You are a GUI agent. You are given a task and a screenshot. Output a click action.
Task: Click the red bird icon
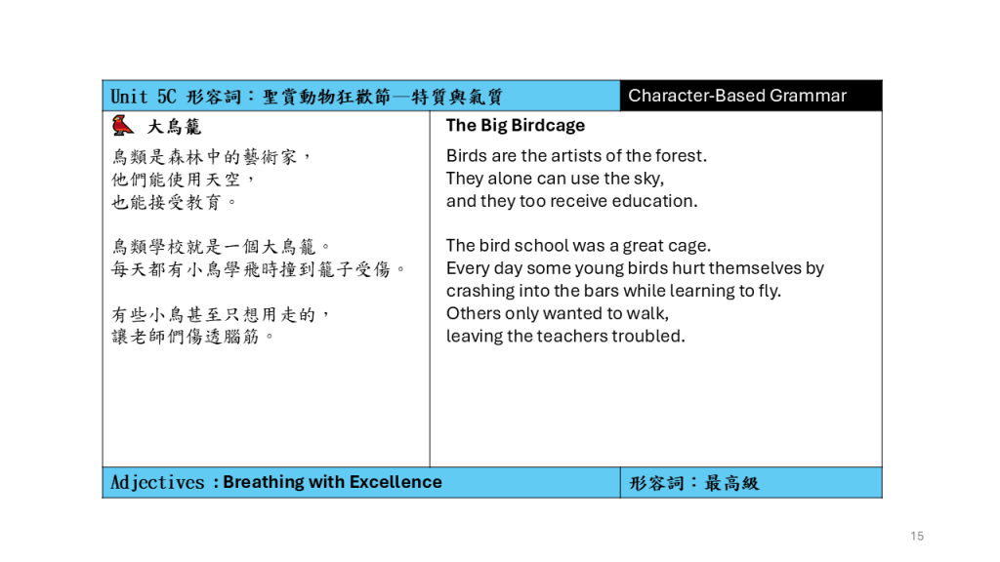122,126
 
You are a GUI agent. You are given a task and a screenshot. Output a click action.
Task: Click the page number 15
917,536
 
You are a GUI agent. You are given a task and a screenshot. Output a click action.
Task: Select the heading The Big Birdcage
516,126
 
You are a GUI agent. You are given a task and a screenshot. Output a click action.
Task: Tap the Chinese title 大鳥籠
174,127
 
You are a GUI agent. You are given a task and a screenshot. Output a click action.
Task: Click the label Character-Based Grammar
737,96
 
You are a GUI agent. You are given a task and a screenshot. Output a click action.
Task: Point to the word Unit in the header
129,97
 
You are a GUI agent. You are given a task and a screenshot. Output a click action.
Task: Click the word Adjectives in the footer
157,482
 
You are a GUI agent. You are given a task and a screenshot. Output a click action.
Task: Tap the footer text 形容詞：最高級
694,483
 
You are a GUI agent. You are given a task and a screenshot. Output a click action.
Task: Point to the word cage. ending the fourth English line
692,247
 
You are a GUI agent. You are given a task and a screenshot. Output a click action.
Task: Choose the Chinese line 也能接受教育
174,203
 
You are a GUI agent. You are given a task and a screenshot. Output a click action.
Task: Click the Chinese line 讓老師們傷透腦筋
192,337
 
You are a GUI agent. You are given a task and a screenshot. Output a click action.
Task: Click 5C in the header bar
166,97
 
